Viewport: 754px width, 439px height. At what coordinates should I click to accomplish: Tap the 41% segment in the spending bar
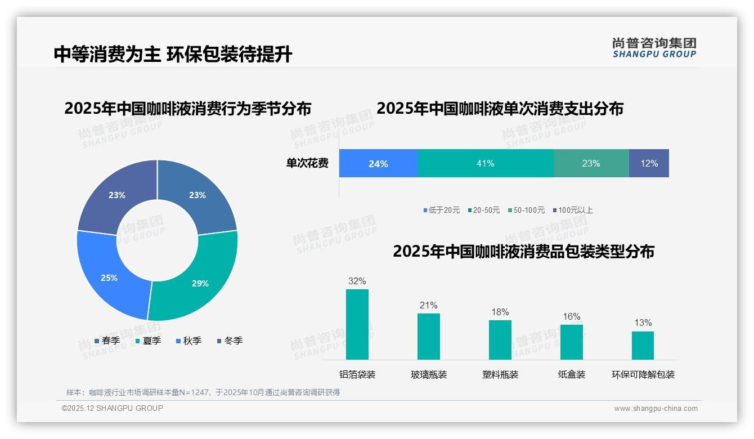[486, 163]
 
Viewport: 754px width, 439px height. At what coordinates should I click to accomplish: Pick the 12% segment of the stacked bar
[649, 163]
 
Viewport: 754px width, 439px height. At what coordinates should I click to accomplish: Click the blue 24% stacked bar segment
[378, 163]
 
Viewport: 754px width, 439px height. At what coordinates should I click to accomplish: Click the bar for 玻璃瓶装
[429, 336]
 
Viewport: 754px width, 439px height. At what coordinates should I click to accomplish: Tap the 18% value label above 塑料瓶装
[500, 312]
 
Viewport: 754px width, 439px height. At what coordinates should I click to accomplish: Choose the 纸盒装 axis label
[572, 374]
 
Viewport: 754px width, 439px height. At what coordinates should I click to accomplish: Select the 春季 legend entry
[107, 341]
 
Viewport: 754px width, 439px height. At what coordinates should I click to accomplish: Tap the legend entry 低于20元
[442, 210]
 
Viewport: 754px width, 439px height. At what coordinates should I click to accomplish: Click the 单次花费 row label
[307, 163]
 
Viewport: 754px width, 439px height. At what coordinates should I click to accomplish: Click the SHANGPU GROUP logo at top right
[654, 47]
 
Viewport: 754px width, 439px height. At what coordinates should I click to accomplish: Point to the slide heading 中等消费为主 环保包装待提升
[173, 54]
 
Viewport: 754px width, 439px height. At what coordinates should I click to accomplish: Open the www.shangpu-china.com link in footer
[656, 408]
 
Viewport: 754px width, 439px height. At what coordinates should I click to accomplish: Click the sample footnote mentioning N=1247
[203, 392]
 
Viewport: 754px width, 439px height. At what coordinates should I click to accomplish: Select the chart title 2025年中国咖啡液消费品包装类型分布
[523, 251]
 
